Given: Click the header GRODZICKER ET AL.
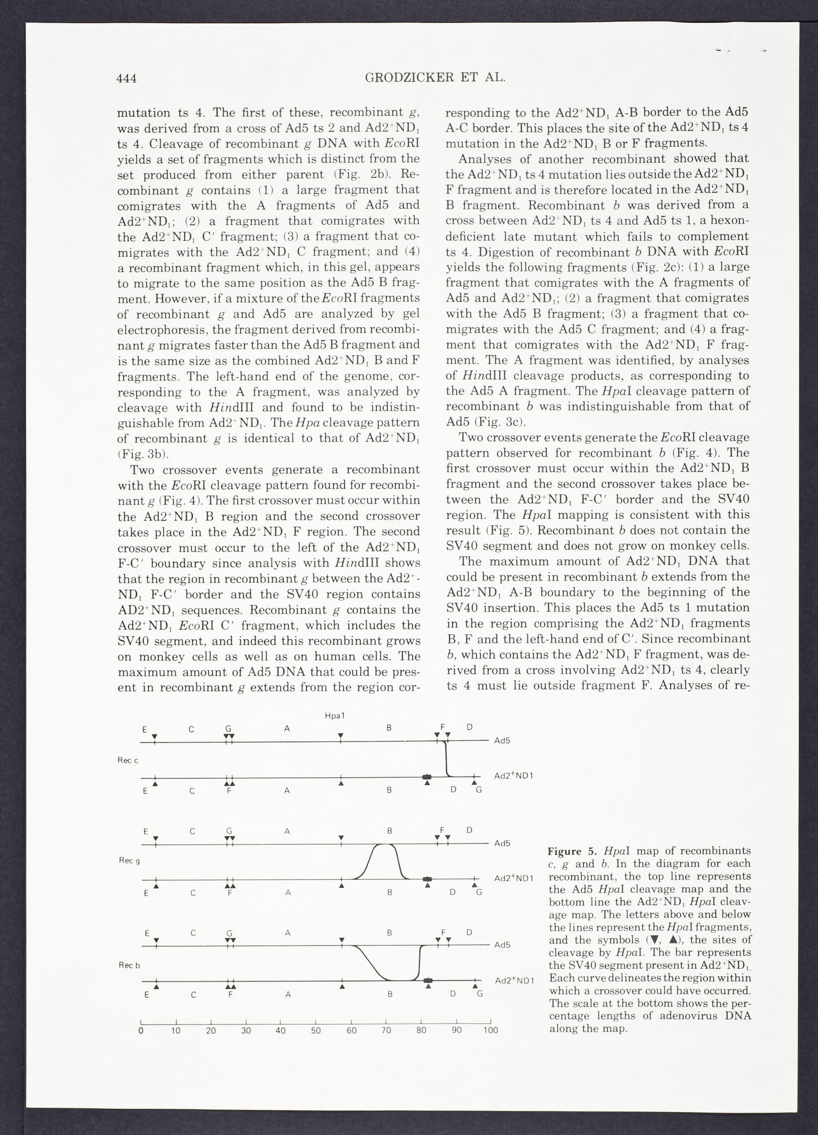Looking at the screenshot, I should [436, 78].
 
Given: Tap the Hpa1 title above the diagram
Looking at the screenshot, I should [334, 716].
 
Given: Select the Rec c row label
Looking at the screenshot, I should [128, 760].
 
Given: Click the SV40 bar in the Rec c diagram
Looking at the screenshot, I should [427, 777].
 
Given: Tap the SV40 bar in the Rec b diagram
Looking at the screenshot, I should [428, 980].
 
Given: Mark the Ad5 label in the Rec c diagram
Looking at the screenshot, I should [503, 740].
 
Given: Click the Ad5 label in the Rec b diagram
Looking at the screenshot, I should [503, 945].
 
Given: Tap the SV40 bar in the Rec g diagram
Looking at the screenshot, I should [427, 878].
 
